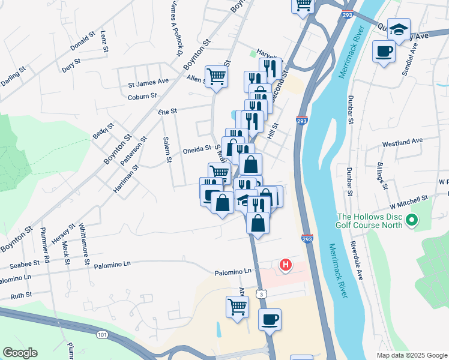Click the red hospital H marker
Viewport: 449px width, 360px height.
[286, 264]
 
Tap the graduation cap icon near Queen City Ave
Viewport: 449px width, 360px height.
[398, 28]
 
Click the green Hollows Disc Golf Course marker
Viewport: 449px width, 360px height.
[411, 222]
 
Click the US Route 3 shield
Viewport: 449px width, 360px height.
[260, 293]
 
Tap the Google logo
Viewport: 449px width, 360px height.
[20, 353]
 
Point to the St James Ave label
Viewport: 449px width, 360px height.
[148, 82]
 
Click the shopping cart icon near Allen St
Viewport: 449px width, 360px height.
[217, 76]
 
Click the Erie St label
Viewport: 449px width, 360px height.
[168, 111]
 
